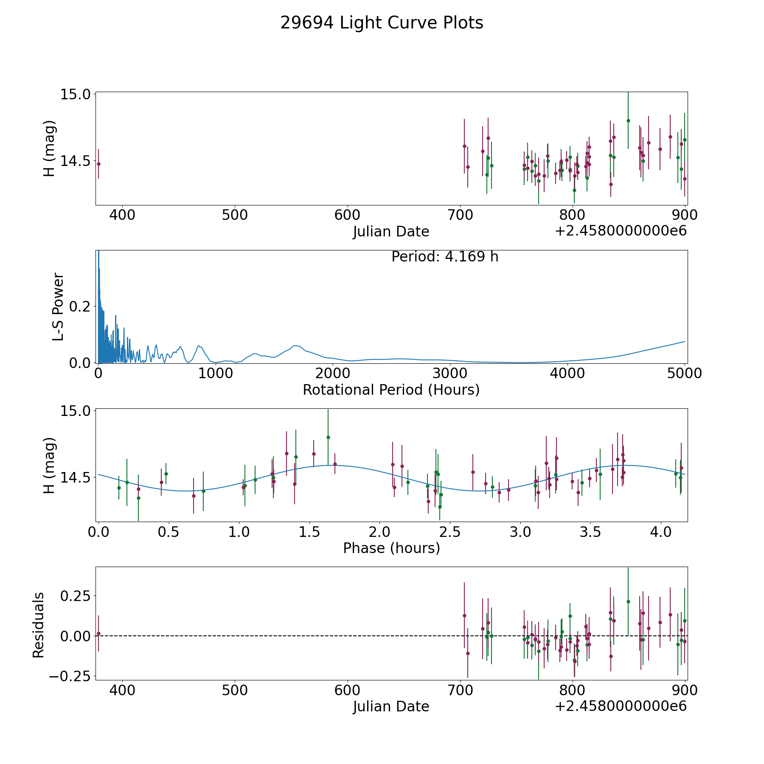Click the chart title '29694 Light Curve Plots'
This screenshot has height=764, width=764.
[x=382, y=23]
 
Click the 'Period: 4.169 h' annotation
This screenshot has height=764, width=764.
[x=445, y=257]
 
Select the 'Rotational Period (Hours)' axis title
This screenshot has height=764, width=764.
[x=391, y=390]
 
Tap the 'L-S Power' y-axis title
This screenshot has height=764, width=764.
[x=58, y=306]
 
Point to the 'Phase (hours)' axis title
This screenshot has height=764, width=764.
[x=391, y=548]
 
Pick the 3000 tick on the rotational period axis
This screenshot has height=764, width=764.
[x=449, y=373]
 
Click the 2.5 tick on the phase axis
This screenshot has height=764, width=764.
[x=450, y=531]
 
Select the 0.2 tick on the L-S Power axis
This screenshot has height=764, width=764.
[x=80, y=306]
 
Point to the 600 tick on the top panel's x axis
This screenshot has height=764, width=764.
[x=347, y=215]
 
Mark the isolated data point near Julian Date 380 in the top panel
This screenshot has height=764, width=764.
[x=98, y=164]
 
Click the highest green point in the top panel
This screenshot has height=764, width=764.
[x=628, y=121]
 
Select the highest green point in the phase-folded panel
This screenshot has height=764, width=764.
[x=328, y=437]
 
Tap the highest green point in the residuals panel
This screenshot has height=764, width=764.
[x=628, y=601]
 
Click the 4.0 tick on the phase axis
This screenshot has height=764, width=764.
[x=661, y=531]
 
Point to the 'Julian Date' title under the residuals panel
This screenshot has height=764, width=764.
[x=391, y=706]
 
